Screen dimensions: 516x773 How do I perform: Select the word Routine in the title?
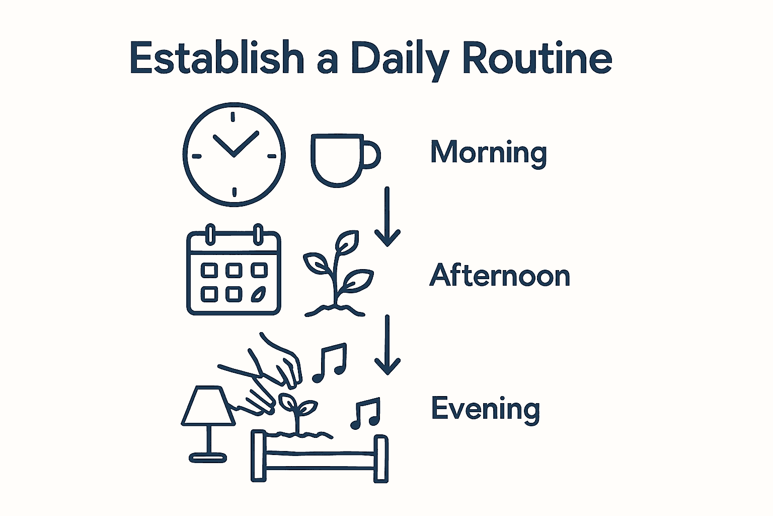coord(536,58)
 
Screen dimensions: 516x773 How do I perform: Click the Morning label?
coord(488,152)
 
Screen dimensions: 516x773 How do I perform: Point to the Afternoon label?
coord(500,276)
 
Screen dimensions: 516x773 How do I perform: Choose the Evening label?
coord(486,409)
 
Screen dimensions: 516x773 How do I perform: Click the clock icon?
coord(234,154)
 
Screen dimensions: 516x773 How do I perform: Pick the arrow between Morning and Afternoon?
coord(387,217)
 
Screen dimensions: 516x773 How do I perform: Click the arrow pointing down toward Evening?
coord(387,345)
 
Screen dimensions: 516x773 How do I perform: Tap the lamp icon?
coord(208,423)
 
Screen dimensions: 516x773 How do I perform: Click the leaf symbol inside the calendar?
coord(259,294)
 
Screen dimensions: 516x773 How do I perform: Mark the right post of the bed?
coord(381,459)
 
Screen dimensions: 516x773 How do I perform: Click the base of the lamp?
coord(208,458)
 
